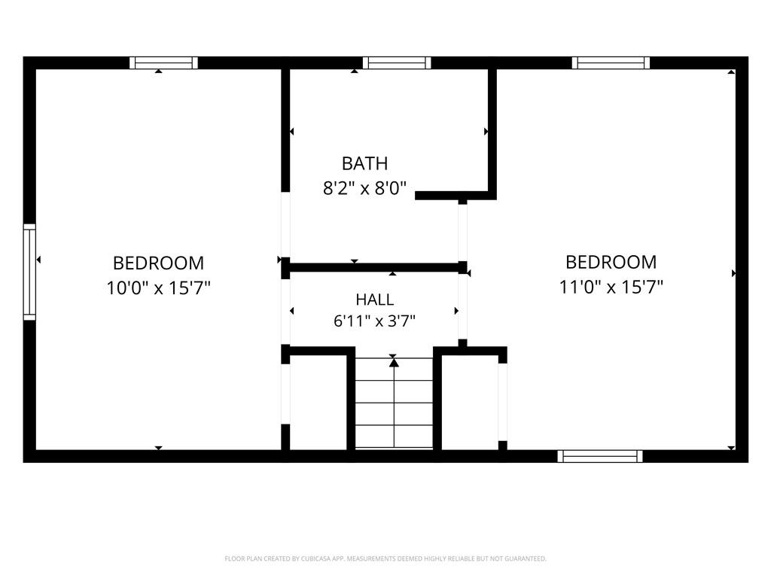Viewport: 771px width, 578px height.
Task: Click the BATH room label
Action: coord(364,163)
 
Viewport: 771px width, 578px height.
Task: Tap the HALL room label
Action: coord(375,300)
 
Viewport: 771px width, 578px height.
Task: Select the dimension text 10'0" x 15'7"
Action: coord(158,287)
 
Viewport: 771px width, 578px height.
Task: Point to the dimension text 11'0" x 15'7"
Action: coord(611,287)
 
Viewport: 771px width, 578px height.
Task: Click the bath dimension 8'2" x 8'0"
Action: coord(364,187)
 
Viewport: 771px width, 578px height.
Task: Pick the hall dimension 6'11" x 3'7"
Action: coord(375,321)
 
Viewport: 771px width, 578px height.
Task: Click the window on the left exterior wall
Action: coord(29,272)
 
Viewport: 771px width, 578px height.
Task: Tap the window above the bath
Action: coord(397,63)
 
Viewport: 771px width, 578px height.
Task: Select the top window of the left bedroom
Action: coord(163,63)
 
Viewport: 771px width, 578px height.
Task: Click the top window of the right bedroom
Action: coord(611,63)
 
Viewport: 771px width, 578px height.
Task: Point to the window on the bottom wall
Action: coord(600,456)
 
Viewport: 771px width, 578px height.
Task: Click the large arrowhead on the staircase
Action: coord(394,362)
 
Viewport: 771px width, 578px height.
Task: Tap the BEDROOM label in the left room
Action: coord(158,263)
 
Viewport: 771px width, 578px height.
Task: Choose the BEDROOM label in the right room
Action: coord(611,262)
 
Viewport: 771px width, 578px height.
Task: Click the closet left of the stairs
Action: coord(318,402)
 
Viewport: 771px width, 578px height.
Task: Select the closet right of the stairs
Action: coord(470,402)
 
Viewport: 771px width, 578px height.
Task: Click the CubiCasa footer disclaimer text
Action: coord(385,558)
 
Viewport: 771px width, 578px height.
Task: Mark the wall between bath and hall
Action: coord(374,267)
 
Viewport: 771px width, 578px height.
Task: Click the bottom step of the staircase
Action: coord(394,437)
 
